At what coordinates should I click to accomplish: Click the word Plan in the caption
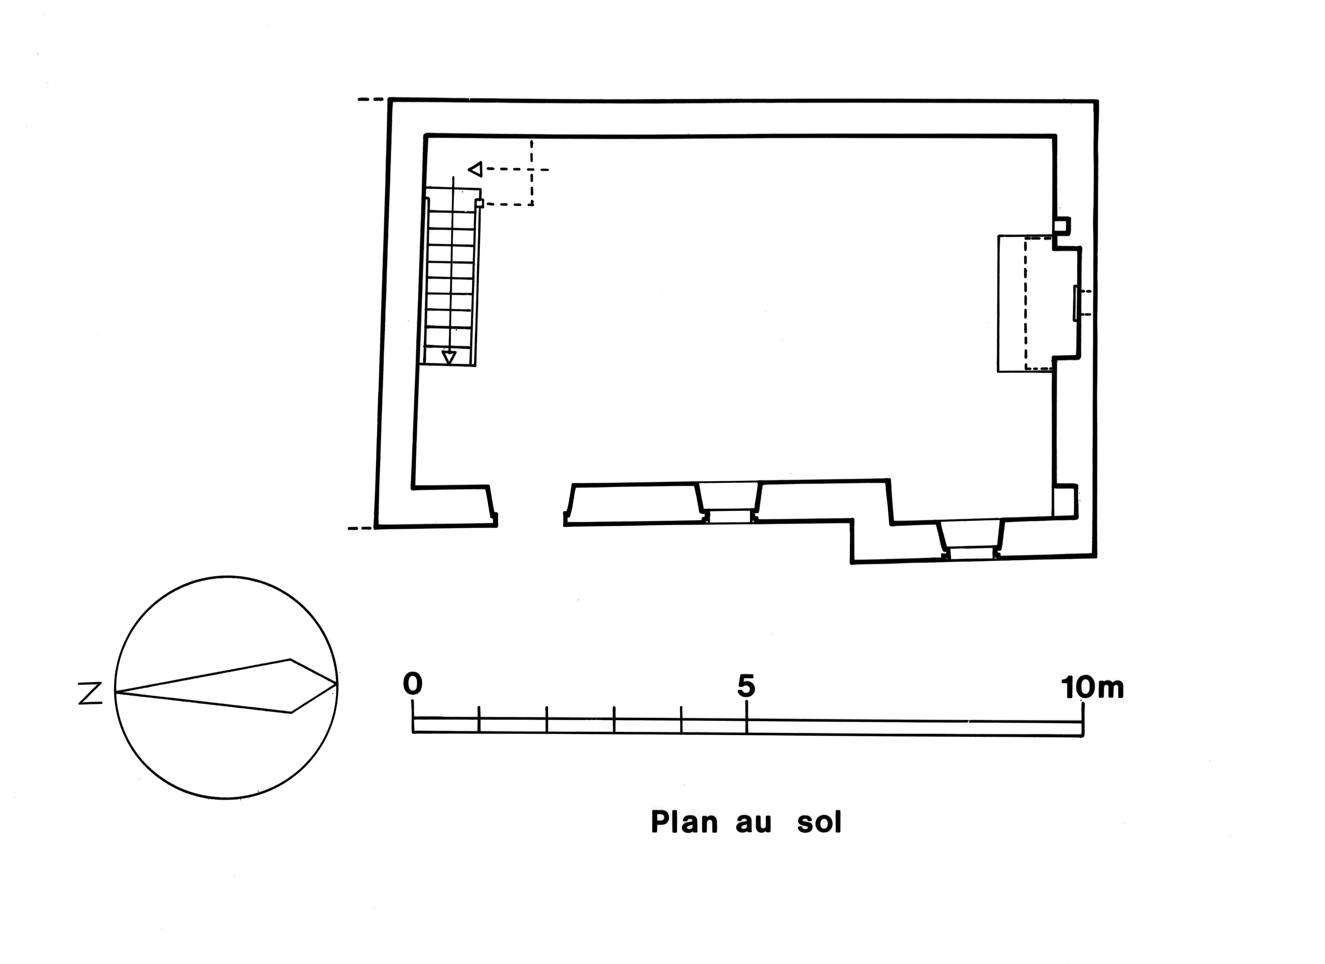684,823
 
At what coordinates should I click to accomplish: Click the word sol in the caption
819,823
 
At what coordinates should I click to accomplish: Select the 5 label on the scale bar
746,686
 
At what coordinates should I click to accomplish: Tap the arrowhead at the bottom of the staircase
449,358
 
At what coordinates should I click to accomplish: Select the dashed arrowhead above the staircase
475,169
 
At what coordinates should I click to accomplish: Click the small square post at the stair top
480,203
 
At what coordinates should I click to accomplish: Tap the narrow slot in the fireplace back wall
1076,303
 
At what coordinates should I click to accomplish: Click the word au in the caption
754,823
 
